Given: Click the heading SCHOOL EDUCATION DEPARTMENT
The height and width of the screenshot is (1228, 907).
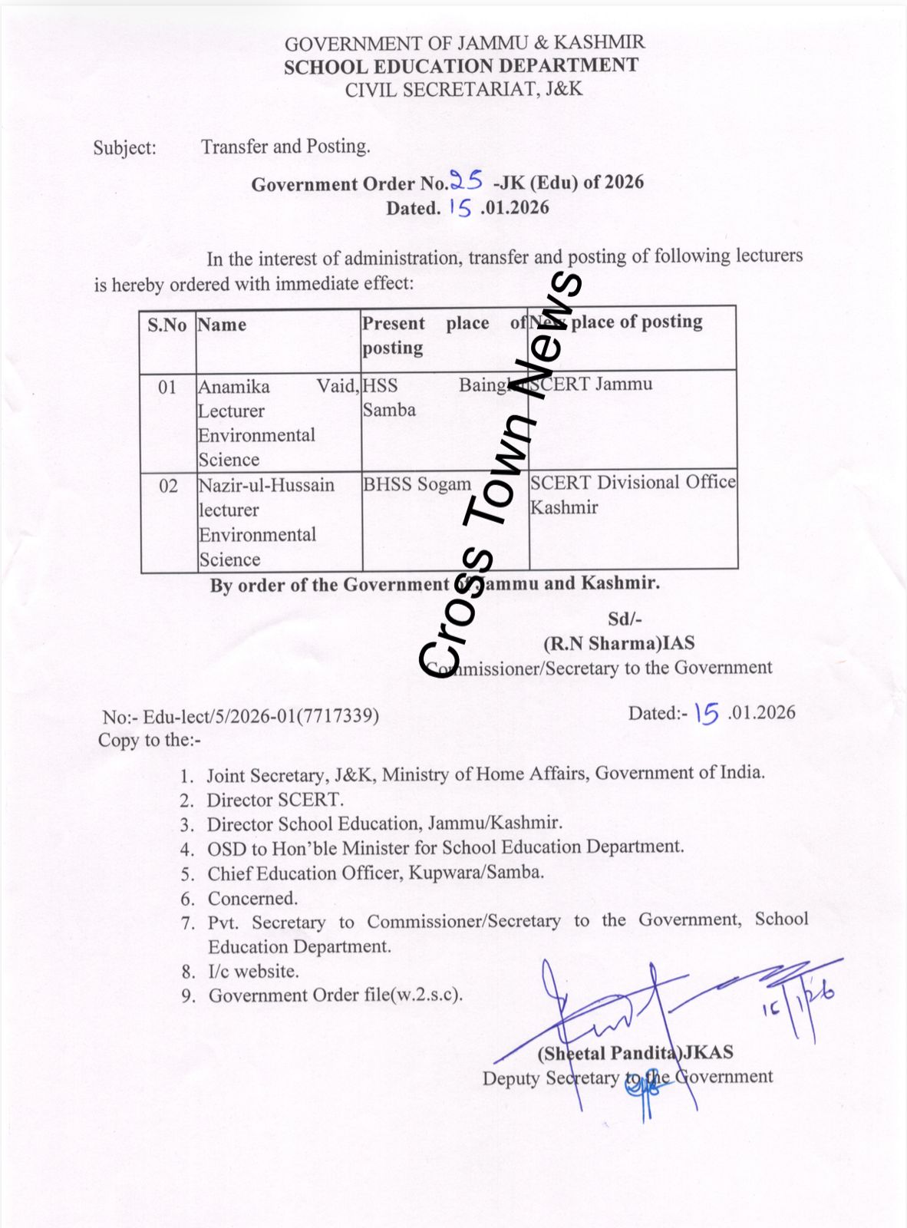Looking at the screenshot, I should (460, 66).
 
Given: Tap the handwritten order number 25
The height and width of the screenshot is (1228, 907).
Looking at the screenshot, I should (466, 181).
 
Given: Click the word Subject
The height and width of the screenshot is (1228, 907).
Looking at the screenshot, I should (124, 147).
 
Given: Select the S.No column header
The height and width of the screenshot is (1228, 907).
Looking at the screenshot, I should (167, 325).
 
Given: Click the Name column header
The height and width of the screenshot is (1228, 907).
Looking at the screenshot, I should (222, 325).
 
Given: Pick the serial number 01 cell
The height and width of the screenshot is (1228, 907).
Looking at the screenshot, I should (167, 387).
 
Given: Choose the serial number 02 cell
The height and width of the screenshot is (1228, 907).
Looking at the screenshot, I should (168, 486).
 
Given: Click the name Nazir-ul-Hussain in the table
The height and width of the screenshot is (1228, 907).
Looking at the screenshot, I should (266, 486).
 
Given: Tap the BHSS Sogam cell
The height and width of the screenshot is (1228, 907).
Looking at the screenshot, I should (417, 484).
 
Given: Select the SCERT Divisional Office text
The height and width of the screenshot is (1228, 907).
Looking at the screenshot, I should (632, 482).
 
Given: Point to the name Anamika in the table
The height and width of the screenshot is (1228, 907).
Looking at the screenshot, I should (234, 386).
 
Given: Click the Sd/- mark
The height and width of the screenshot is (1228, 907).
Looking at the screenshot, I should (625, 619).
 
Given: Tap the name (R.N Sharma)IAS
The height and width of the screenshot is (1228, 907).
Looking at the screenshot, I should (619, 643).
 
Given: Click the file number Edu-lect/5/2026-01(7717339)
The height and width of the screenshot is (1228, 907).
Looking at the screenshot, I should (261, 716).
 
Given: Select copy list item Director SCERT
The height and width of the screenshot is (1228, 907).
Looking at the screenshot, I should (275, 800).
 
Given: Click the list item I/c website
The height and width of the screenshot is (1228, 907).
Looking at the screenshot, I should (253, 971).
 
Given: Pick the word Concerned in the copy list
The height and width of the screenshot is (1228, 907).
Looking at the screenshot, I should (252, 898).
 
